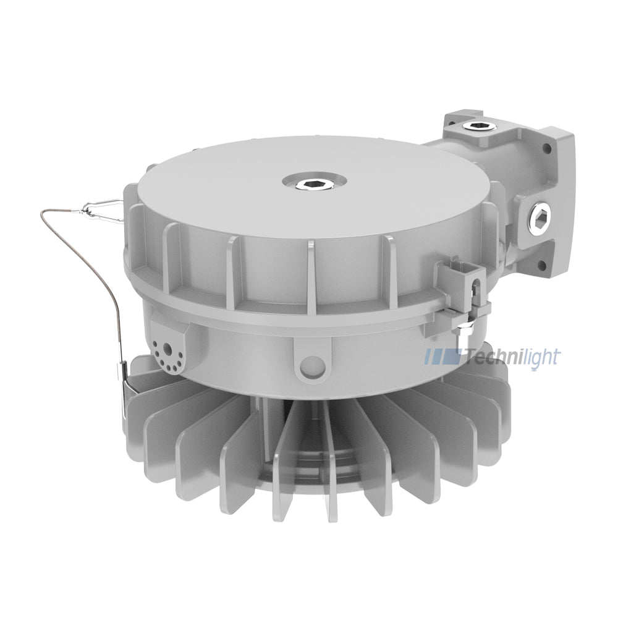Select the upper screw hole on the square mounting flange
(546, 148)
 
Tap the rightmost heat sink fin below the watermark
(494, 408)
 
